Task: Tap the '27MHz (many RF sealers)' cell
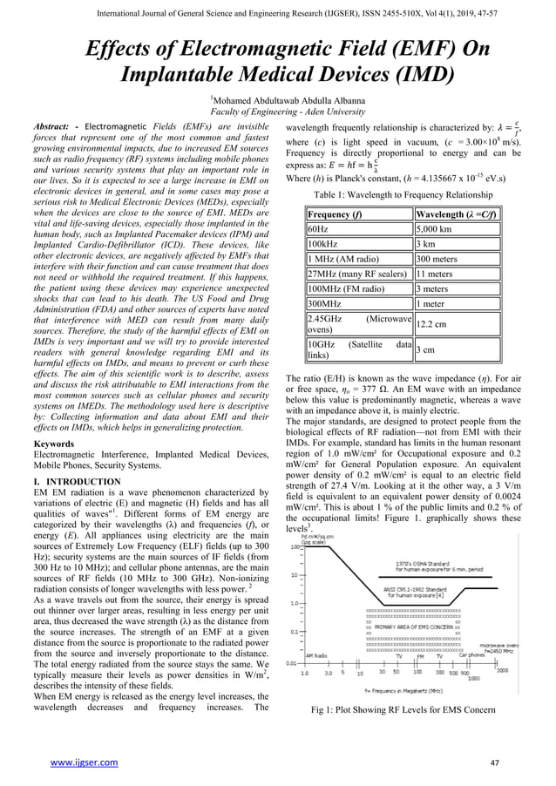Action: point(357,274)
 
